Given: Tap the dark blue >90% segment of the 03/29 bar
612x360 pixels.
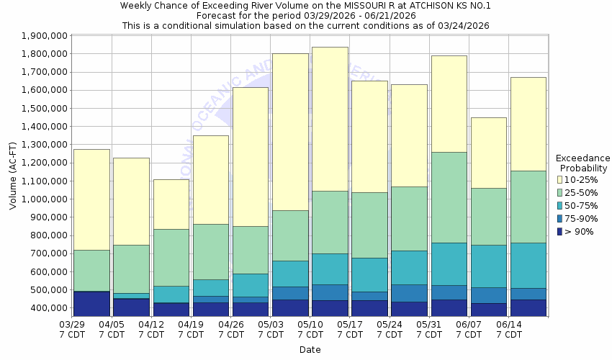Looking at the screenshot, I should tap(91, 304).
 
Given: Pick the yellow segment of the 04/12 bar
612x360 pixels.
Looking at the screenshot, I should tap(171, 204).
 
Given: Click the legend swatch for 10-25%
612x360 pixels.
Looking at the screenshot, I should tap(559, 179).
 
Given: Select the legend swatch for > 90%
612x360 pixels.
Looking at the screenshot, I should tap(559, 231).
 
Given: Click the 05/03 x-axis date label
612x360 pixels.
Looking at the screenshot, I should tap(270, 325).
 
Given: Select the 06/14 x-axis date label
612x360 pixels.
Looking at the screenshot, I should tap(508, 325).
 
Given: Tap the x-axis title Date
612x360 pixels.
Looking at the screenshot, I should tap(310, 350).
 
